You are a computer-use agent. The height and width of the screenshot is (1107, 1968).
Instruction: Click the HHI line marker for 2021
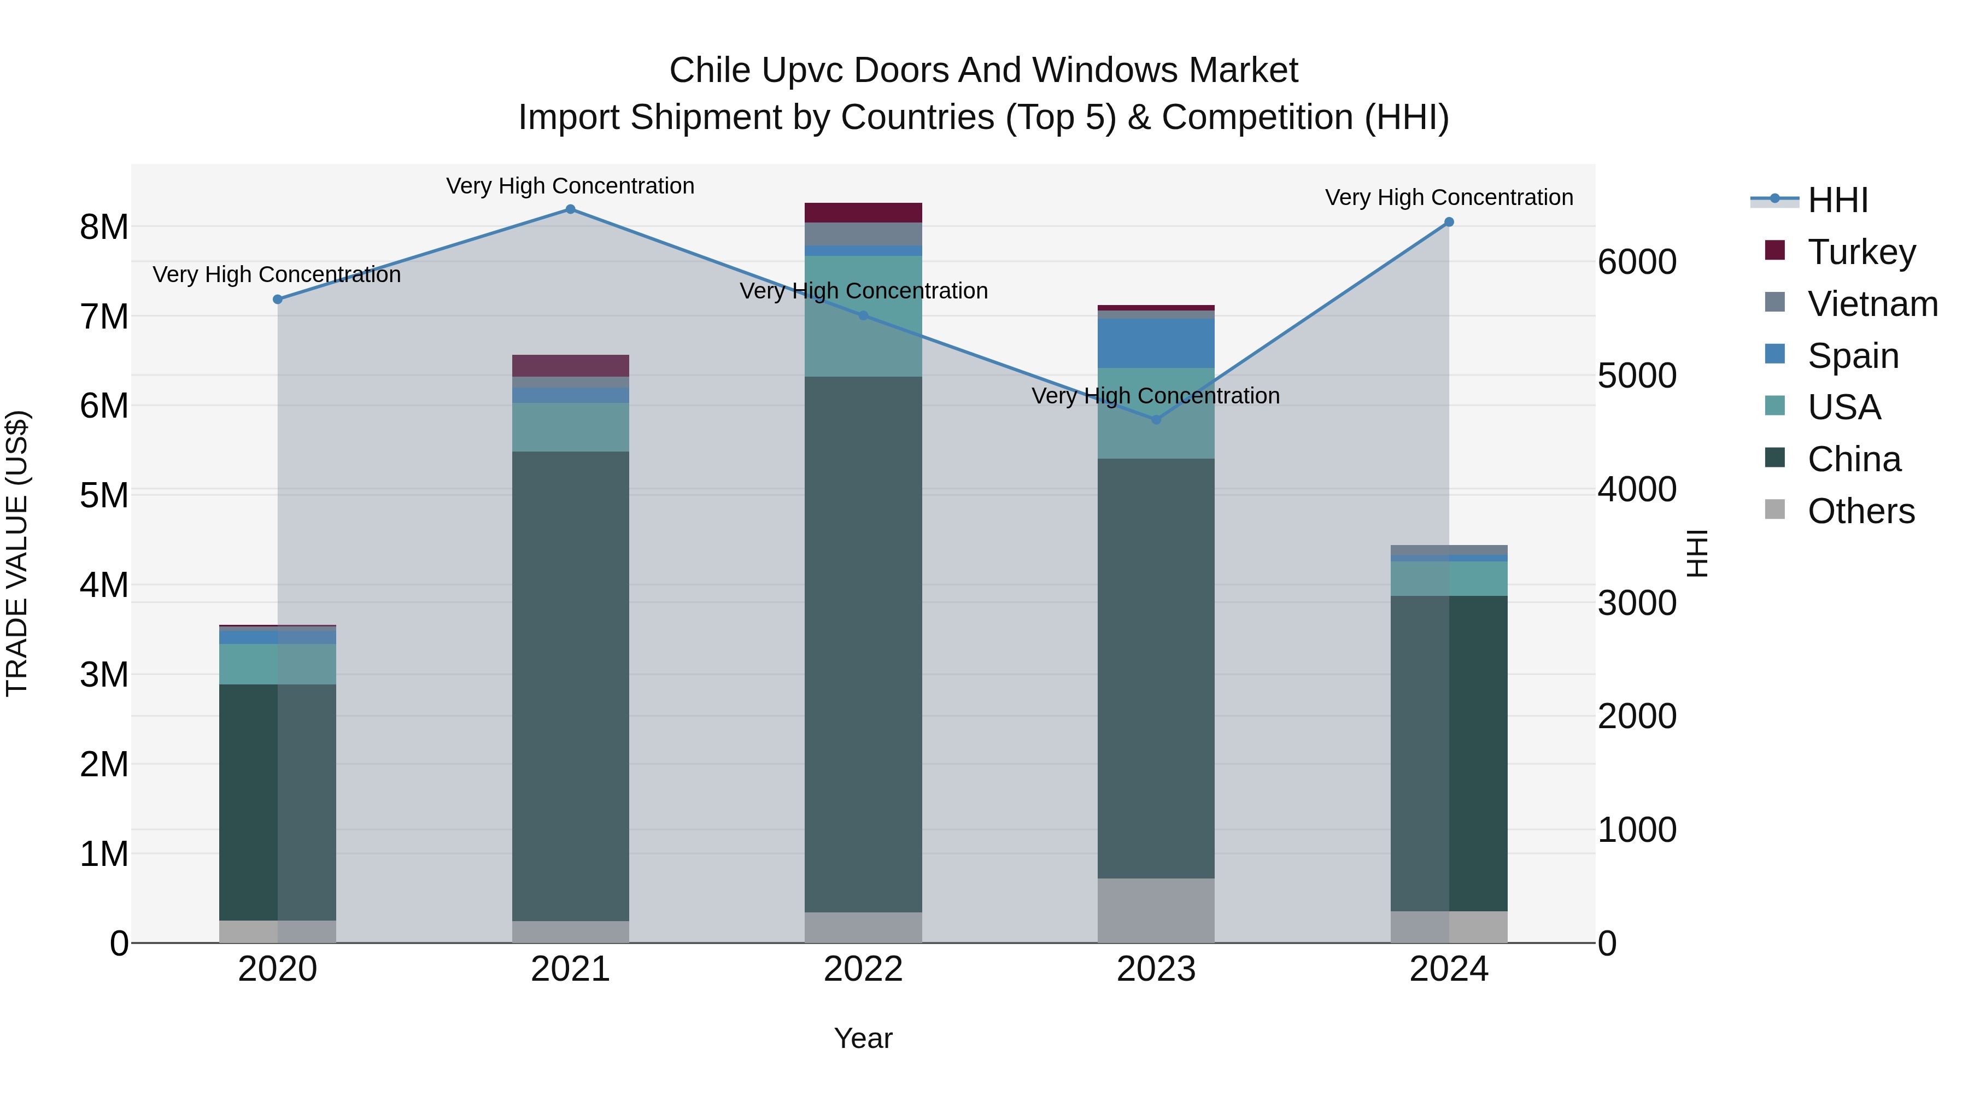point(570,209)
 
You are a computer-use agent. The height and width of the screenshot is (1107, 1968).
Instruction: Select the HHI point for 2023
point(1156,419)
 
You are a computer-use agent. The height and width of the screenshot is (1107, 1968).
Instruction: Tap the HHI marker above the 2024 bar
point(1449,222)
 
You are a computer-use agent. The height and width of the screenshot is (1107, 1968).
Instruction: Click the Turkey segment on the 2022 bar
point(863,213)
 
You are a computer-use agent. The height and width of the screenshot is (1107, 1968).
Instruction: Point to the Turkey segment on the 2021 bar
point(570,365)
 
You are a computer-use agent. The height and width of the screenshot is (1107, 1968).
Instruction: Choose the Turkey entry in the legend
point(1861,252)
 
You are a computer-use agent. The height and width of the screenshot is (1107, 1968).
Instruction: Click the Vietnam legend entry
point(1872,304)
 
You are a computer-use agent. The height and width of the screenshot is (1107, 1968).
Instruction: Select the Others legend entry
point(1860,511)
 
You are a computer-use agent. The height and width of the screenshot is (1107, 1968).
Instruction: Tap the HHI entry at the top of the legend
point(1837,200)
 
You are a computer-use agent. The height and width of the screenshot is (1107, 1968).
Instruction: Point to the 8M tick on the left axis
point(104,227)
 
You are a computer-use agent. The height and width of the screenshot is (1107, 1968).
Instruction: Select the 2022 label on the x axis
point(863,969)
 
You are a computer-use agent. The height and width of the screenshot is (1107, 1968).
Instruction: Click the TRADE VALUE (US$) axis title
point(17,553)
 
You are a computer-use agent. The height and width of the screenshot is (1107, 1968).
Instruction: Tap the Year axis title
point(863,1038)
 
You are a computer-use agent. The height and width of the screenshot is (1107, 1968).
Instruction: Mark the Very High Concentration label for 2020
point(277,274)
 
